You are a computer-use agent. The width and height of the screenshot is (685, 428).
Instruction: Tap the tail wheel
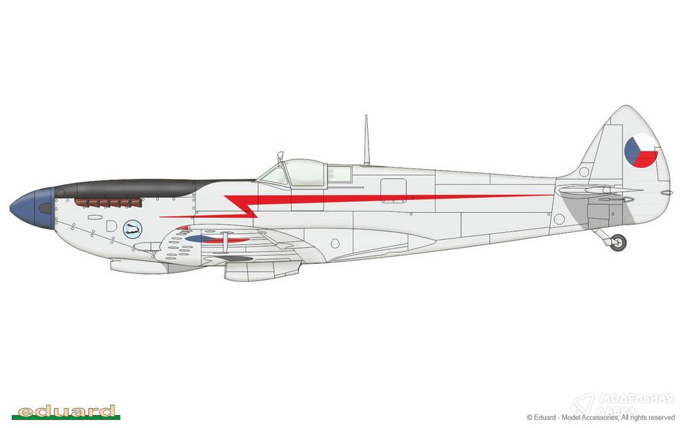[618, 242]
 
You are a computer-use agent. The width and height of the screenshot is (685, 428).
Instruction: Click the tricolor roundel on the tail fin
[641, 151]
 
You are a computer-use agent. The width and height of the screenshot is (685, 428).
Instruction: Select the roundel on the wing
[216, 239]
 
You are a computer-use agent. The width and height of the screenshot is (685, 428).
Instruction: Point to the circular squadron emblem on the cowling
[132, 229]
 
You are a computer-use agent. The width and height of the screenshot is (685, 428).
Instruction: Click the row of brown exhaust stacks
[108, 202]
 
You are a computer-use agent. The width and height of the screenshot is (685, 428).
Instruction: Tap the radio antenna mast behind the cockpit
[366, 140]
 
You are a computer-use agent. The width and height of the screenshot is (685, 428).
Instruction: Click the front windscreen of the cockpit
[275, 175]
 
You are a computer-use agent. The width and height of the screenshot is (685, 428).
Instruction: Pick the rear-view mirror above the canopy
[280, 155]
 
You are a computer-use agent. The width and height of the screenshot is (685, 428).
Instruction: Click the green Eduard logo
[66, 412]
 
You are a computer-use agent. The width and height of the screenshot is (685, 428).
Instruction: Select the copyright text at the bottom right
[601, 418]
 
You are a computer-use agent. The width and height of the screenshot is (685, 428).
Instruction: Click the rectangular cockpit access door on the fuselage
[393, 190]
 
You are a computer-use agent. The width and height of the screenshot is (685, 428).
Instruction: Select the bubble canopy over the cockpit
[305, 173]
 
